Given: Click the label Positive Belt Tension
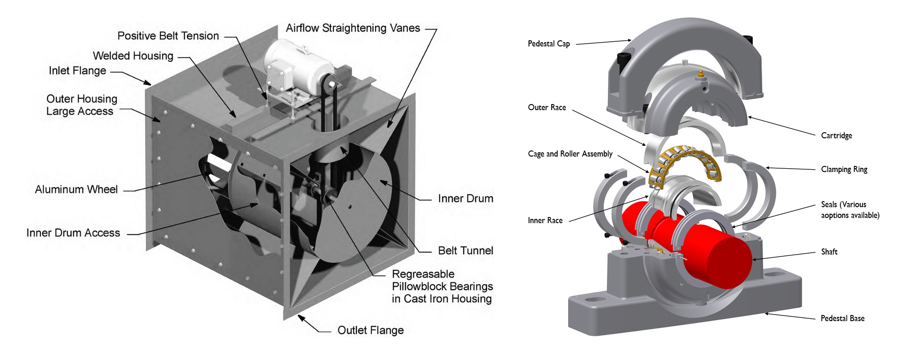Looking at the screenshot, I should click(x=168, y=36).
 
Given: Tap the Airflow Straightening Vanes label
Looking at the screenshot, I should click(x=352, y=28).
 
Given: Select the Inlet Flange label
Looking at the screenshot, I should click(x=77, y=71).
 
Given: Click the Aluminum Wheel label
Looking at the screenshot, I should click(x=76, y=189).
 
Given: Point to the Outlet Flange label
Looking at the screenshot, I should click(x=370, y=330).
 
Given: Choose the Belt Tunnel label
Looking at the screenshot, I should click(x=465, y=251).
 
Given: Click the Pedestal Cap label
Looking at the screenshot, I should click(x=548, y=44).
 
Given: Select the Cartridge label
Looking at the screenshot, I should click(x=836, y=135).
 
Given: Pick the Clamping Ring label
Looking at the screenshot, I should click(x=844, y=169).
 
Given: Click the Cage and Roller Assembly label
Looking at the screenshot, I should click(x=570, y=154).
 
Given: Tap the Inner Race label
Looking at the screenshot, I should click(x=545, y=220).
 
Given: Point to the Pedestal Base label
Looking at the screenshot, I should click(x=842, y=318).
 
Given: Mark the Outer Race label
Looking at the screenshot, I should click(x=547, y=107).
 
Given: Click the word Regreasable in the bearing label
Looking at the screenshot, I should click(x=423, y=274).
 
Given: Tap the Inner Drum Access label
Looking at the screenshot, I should click(x=73, y=233).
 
